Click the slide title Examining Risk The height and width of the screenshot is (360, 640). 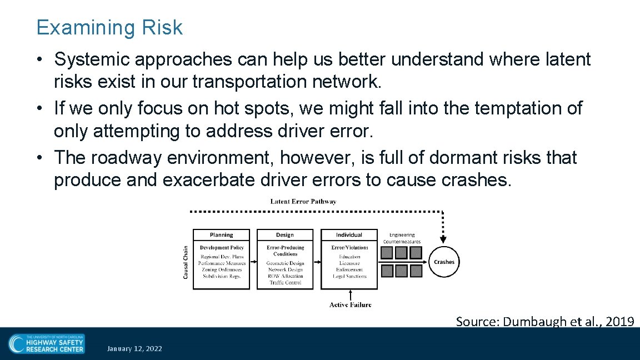pyautogui.click(x=109, y=27)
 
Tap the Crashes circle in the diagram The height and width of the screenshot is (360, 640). pyautogui.click(x=443, y=262)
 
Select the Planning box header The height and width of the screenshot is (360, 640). pyautogui.click(x=221, y=235)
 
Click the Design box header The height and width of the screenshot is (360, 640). pyautogui.click(x=284, y=235)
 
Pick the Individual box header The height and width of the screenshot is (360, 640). pyautogui.click(x=349, y=235)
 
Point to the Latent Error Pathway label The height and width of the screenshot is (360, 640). pyautogui.click(x=303, y=202)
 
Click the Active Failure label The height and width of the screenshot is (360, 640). pyautogui.click(x=350, y=304)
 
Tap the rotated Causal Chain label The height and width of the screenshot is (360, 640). pyautogui.click(x=186, y=262)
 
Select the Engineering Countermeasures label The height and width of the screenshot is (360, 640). pyautogui.click(x=404, y=238)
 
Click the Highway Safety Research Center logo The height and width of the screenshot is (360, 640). pyautogui.click(x=47, y=343)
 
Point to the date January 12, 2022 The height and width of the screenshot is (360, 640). pyautogui.click(x=134, y=349)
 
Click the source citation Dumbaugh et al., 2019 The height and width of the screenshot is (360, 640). pyautogui.click(x=544, y=321)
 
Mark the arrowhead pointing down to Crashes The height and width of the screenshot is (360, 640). pyautogui.click(x=443, y=240)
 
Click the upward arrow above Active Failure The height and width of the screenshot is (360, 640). pyautogui.click(x=349, y=294)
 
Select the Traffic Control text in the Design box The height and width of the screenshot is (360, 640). pyautogui.click(x=285, y=283)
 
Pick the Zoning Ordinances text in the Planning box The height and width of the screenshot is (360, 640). pyautogui.click(x=222, y=269)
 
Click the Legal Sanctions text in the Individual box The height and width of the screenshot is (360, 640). pyautogui.click(x=349, y=276)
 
